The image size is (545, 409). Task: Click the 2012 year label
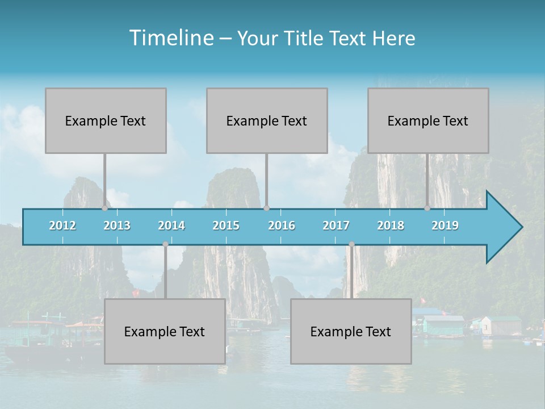62,226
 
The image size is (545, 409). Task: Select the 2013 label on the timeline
117,226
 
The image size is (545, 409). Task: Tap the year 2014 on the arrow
171,226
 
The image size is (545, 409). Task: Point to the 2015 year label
226,226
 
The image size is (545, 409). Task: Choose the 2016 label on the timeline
282,226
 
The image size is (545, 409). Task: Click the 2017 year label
336,226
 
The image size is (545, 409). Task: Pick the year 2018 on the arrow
391,226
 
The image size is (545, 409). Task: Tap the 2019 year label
445,226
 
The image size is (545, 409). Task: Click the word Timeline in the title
170,38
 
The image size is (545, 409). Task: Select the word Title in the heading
304,39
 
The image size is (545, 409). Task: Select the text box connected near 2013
106,120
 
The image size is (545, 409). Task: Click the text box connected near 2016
267,120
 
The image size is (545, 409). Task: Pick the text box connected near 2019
428,120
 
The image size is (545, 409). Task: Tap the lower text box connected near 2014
165,331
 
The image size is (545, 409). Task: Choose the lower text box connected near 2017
351,331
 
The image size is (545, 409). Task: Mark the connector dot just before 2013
104,208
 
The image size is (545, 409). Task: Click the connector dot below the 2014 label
165,244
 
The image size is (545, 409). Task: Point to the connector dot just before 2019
427,208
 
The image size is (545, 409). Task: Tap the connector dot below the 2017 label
351,244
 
